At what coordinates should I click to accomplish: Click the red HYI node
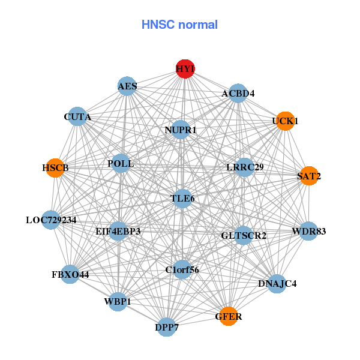click(x=185, y=69)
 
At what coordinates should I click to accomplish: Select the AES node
click(x=127, y=86)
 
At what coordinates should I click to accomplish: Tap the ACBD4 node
click(x=238, y=93)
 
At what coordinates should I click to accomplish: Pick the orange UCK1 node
click(x=285, y=121)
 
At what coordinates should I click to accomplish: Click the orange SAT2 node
click(x=309, y=176)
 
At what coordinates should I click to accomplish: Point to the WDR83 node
click(x=308, y=231)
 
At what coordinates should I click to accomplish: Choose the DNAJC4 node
click(x=276, y=283)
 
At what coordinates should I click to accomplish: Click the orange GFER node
click(x=228, y=316)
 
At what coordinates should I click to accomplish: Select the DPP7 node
click(x=167, y=327)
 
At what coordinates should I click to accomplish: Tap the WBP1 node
click(x=118, y=301)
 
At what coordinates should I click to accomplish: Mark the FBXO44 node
click(x=70, y=275)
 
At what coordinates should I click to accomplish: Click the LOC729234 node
click(x=52, y=220)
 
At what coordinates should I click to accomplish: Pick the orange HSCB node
click(x=56, y=168)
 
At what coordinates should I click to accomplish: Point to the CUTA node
click(x=77, y=116)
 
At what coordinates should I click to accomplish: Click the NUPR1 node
click(x=181, y=130)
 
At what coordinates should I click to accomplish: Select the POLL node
click(x=121, y=163)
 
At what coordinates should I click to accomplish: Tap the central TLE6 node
click(x=182, y=198)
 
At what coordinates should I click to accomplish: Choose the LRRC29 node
click(x=244, y=167)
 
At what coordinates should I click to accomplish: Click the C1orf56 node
click(x=182, y=269)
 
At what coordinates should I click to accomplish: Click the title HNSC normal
click(x=179, y=25)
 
